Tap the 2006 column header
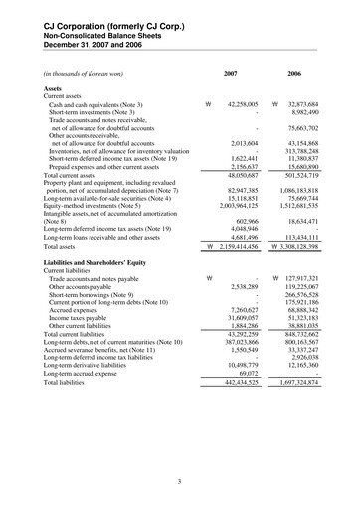pos(294,73)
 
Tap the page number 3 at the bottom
pos(179,483)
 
